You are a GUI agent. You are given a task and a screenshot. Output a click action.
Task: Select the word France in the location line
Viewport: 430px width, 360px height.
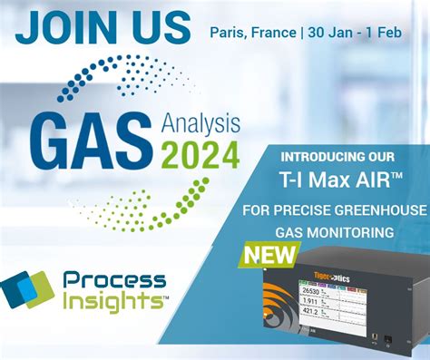(272, 33)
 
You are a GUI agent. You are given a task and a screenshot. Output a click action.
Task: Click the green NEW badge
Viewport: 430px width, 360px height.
(269, 257)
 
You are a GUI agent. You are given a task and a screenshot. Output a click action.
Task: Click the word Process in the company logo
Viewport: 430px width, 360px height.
(115, 281)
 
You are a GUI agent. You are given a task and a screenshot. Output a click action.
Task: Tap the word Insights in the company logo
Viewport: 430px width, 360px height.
(115, 303)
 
